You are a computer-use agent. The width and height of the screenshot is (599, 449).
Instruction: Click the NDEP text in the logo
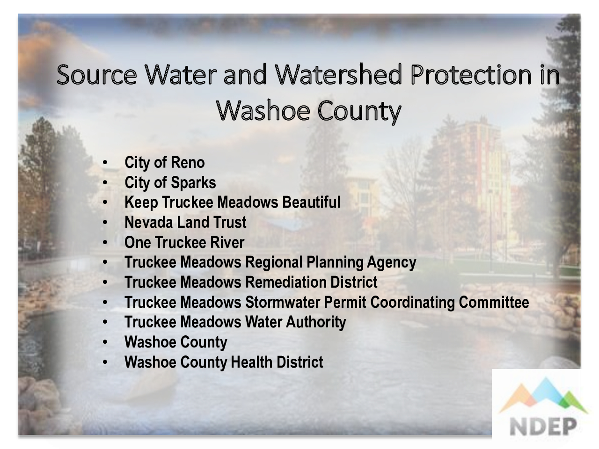(543, 427)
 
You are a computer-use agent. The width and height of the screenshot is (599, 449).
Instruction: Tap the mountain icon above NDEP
(543, 395)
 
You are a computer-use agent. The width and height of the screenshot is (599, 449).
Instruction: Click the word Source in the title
(96, 75)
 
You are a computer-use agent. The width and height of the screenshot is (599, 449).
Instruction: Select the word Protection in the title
(471, 74)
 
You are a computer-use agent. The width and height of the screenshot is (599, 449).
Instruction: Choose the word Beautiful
(311, 202)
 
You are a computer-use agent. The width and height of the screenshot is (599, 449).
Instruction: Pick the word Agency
(391, 262)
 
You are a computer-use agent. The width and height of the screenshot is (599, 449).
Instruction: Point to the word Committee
(494, 302)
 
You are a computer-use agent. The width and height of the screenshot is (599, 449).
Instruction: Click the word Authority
(316, 322)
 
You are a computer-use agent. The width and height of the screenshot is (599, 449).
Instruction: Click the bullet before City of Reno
(105, 163)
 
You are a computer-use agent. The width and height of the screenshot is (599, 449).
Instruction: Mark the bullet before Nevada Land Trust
(105, 223)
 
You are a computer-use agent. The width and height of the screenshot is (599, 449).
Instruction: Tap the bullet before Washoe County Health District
(105, 362)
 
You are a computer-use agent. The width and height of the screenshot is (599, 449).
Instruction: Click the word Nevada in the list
(149, 222)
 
